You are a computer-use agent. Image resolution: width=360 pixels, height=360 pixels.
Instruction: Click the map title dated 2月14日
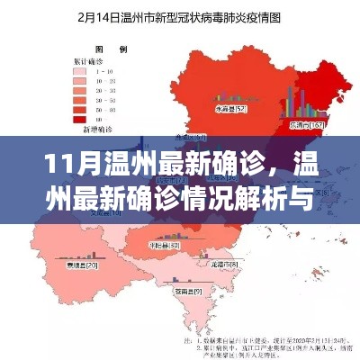click(x=180, y=15)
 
